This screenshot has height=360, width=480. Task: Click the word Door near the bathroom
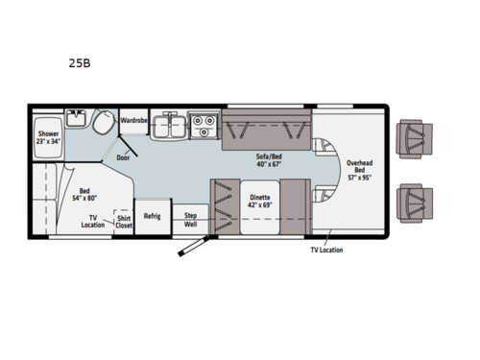tap(123, 157)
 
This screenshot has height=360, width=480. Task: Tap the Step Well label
tap(190, 219)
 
